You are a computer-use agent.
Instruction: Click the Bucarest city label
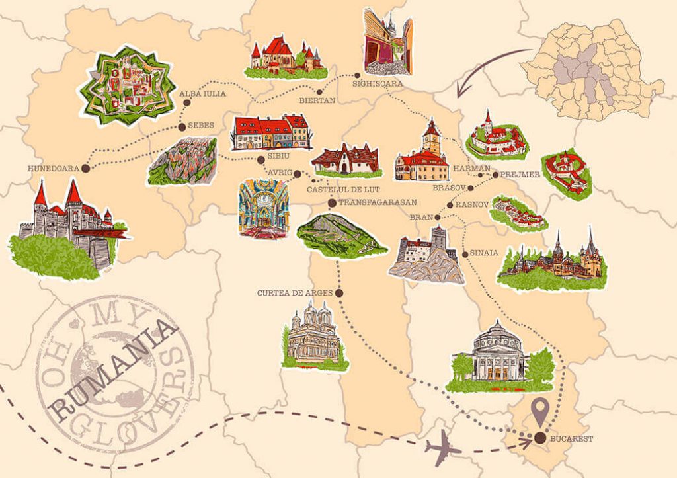click(x=572, y=438)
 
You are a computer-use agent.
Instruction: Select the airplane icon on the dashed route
click(x=443, y=450)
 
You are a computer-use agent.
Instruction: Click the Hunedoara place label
click(x=54, y=169)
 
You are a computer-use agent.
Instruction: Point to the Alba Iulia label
click(x=203, y=94)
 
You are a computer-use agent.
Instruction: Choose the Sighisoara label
click(x=378, y=84)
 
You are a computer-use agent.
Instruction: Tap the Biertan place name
click(x=317, y=100)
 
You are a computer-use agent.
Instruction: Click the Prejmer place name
click(x=521, y=175)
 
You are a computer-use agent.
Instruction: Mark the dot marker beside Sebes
click(x=181, y=126)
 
